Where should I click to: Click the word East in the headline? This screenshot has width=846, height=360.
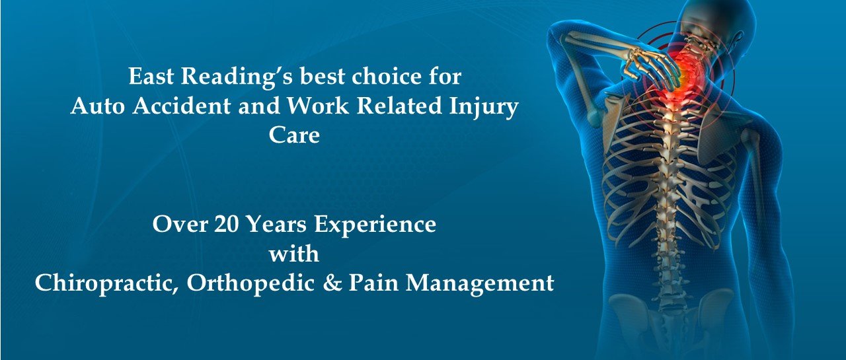[151, 76]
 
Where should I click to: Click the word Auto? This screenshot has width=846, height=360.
[97, 106]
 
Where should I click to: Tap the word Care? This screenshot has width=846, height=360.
[294, 135]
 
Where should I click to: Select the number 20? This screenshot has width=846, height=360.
[226, 224]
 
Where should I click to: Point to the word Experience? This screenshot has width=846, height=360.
[375, 226]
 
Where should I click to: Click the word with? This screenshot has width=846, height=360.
[294, 254]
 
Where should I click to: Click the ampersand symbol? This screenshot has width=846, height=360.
[332, 283]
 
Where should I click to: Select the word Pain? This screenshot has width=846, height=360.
[373, 283]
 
